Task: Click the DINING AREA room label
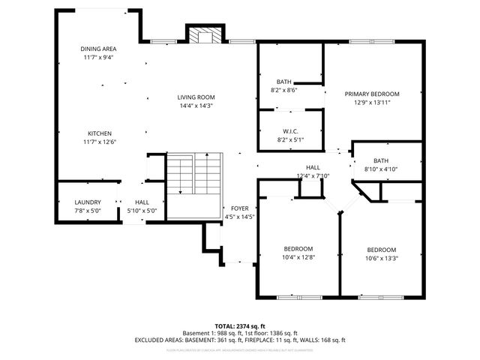pos(99,49)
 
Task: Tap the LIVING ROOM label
pos(196,97)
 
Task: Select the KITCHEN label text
pos(99,133)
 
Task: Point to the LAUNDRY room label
pos(88,202)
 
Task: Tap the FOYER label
pos(240,208)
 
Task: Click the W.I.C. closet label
pos(291,130)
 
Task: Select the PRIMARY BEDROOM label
pos(372,94)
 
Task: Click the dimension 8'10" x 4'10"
pos(381,169)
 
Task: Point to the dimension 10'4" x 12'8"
pos(298,257)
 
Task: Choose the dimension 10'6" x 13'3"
pos(381,258)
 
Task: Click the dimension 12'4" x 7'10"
pos(313,176)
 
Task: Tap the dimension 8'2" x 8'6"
pos(283,90)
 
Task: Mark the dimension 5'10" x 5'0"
pos(142,211)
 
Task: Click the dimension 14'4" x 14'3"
pos(196,106)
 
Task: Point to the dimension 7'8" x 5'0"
pos(88,211)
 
